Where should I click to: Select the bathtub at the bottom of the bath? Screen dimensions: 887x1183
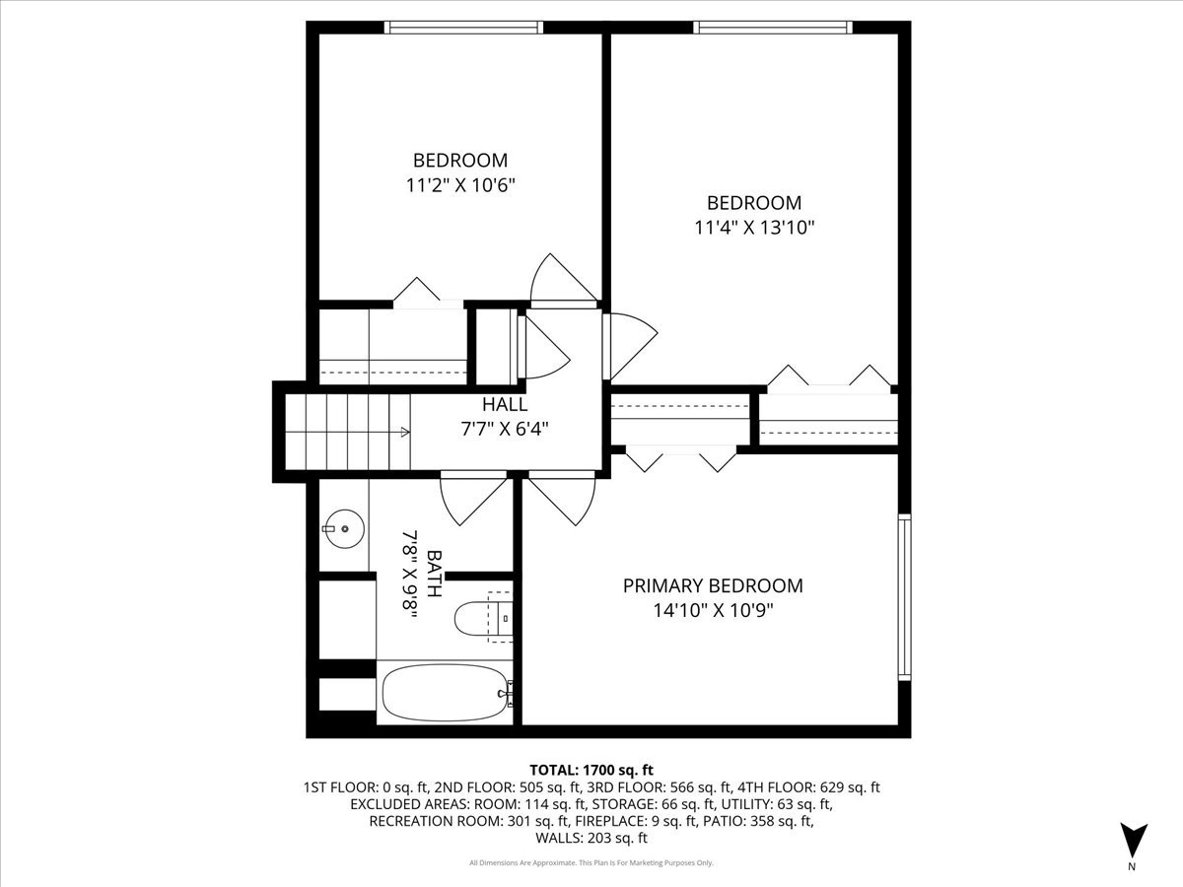(444, 693)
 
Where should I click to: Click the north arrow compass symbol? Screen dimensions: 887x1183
(1134, 841)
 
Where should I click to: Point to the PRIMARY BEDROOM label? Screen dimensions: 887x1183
(712, 585)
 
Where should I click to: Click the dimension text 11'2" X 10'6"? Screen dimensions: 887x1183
(459, 184)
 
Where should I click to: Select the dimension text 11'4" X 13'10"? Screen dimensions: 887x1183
(754, 228)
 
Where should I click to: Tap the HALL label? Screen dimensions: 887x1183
(504, 404)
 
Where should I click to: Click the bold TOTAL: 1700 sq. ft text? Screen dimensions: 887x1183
(591, 769)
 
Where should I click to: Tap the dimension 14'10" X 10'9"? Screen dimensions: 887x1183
(712, 610)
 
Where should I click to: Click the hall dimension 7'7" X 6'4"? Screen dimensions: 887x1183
(504, 429)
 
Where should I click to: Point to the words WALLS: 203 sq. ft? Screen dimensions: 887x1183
(591, 839)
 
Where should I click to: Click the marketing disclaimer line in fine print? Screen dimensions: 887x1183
(591, 863)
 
